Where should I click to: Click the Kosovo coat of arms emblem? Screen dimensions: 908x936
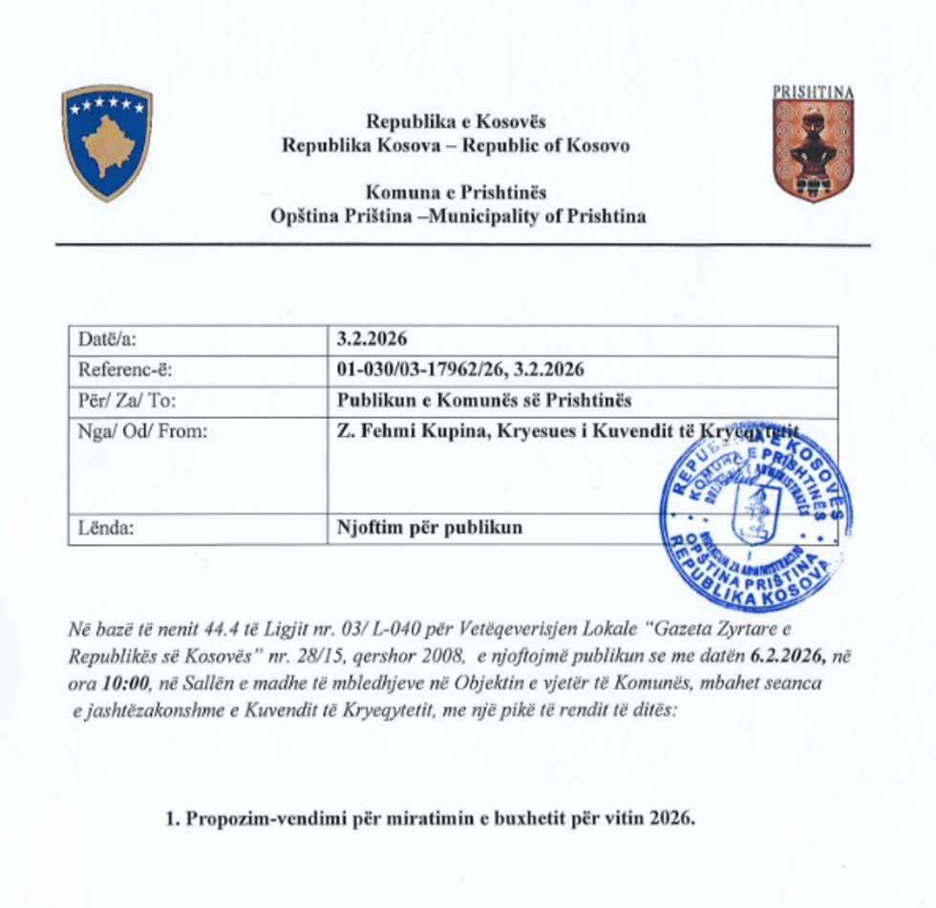pyautogui.click(x=107, y=143)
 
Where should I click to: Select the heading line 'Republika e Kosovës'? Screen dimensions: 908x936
pyautogui.click(x=456, y=122)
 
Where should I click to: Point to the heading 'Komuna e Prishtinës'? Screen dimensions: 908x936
pyautogui.click(x=457, y=192)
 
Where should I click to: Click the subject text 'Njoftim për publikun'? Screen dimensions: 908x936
pyautogui.click(x=430, y=527)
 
